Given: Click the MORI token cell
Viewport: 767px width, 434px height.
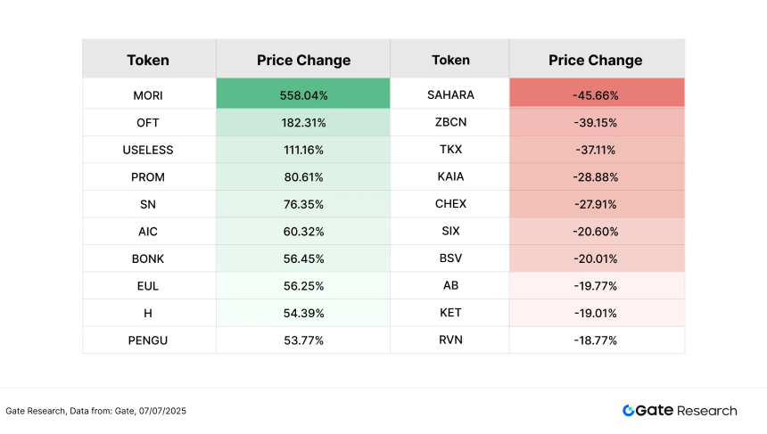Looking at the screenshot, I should [x=147, y=94].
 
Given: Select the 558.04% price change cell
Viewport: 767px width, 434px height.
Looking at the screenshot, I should [x=303, y=94].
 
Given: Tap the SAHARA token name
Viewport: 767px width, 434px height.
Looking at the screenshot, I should [x=450, y=94].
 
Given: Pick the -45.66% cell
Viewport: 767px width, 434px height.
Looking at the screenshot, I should [x=595, y=94].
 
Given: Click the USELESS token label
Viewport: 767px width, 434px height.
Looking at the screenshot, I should [x=147, y=150].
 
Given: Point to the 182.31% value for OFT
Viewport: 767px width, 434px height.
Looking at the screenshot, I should [x=303, y=122].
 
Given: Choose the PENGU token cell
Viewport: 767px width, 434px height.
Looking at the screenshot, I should [x=147, y=340].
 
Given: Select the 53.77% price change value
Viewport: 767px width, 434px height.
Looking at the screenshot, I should [x=303, y=340].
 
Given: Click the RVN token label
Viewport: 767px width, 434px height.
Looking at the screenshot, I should [x=450, y=340].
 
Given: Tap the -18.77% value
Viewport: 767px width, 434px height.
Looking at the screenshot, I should [x=595, y=340].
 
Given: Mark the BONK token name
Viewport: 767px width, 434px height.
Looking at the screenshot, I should [x=147, y=258].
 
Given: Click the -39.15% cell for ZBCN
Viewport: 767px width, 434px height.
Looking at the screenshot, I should [x=595, y=122].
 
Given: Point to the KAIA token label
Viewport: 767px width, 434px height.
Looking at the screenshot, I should [x=450, y=176].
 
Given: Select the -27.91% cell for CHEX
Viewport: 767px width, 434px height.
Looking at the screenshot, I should [x=595, y=204].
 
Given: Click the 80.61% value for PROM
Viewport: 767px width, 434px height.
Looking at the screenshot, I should [x=303, y=176].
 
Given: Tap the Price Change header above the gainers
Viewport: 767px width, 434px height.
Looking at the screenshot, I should [x=303, y=61].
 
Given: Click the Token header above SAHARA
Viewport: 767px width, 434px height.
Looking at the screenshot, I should [x=450, y=61].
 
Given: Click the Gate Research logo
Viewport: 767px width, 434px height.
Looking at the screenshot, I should [x=680, y=411].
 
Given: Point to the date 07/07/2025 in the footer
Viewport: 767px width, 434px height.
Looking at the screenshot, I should [x=160, y=411].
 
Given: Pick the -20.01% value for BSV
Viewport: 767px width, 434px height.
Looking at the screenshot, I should [x=595, y=258].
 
